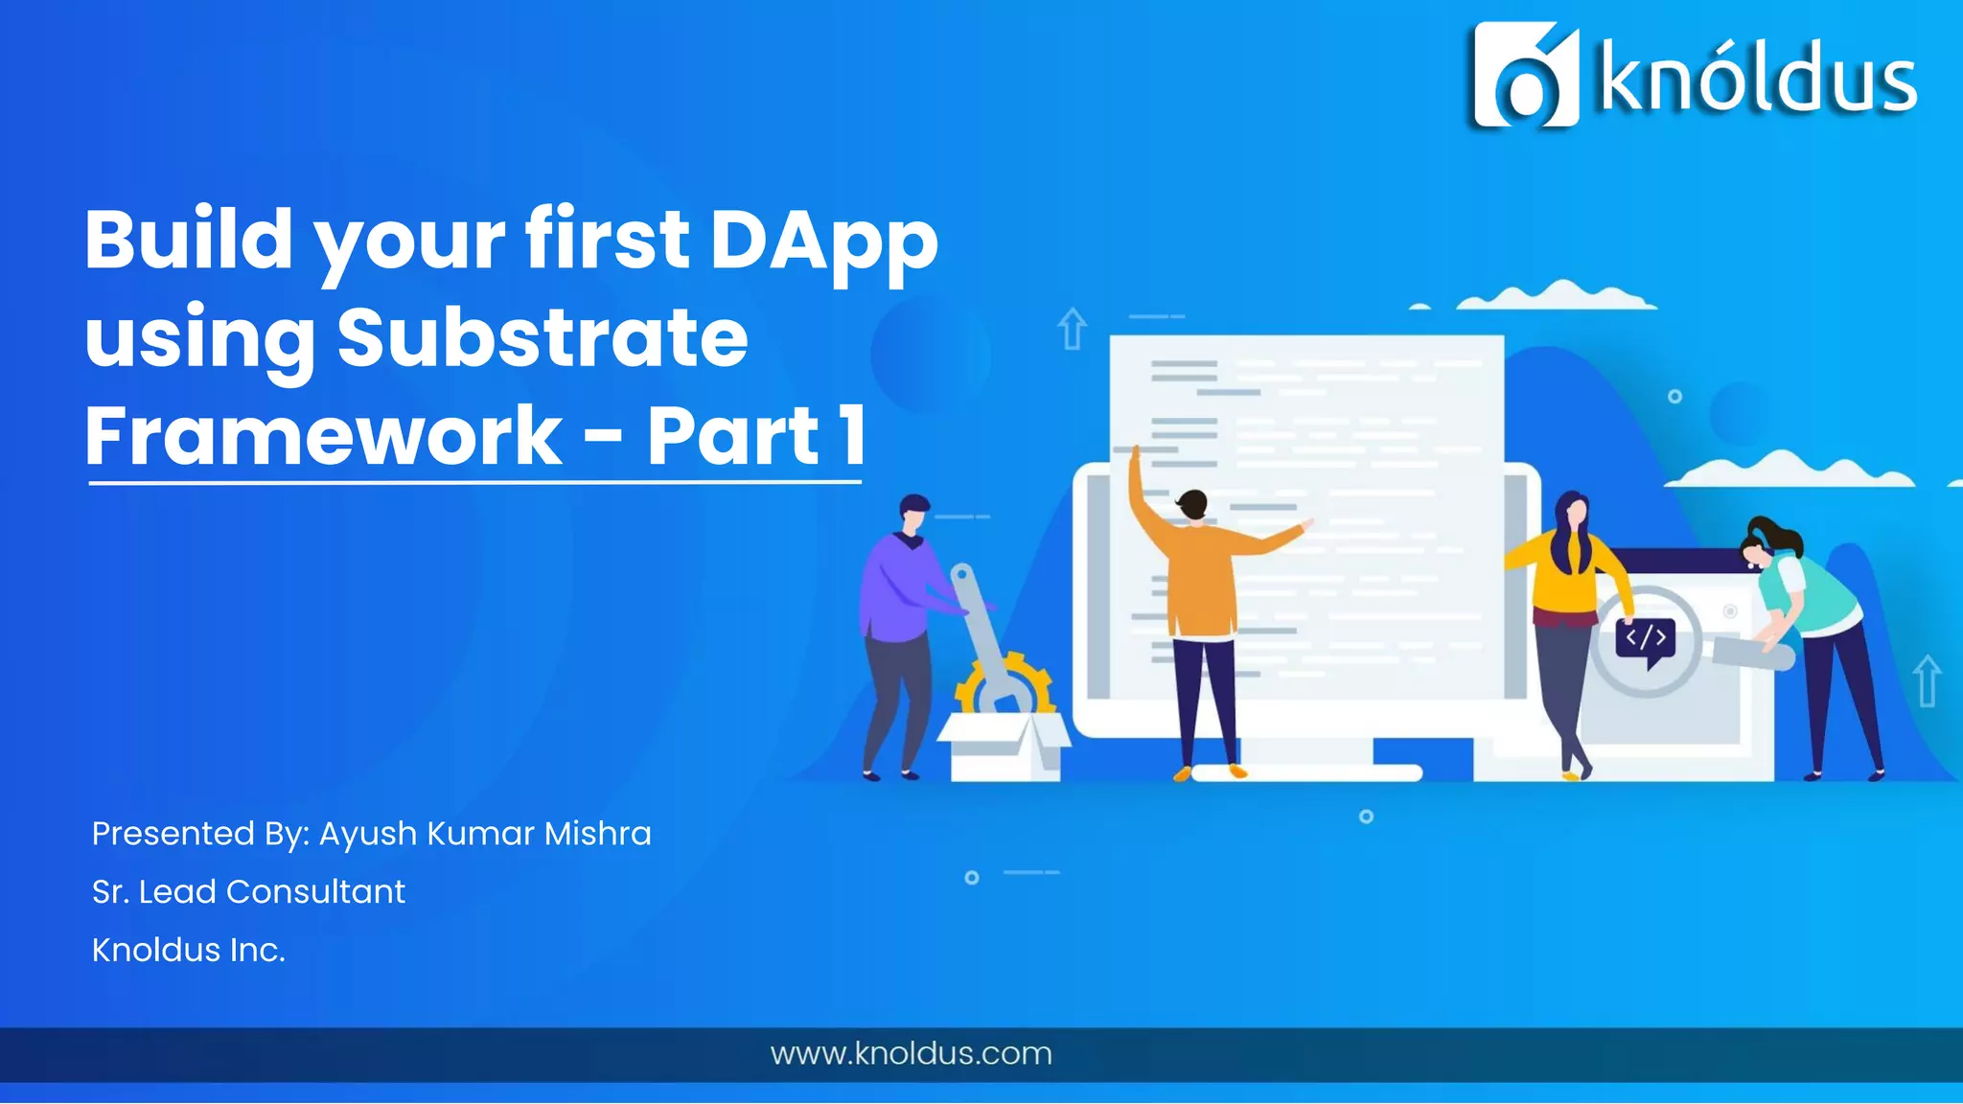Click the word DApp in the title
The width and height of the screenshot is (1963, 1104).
pyautogui.click(x=823, y=241)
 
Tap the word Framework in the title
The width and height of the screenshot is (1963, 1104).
pyautogui.click(x=323, y=436)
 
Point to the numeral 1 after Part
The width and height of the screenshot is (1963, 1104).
pyautogui.click(x=851, y=436)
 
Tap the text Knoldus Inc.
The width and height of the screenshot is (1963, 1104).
pyautogui.click(x=189, y=950)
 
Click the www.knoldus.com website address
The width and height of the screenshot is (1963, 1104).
pyautogui.click(x=911, y=1053)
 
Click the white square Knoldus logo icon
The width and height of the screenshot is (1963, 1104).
pyautogui.click(x=1525, y=75)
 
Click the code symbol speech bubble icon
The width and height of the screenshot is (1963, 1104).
pyautogui.click(x=1646, y=640)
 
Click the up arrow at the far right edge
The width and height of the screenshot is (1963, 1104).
pyautogui.click(x=1927, y=679)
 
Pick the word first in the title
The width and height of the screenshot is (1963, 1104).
pyautogui.click(x=606, y=240)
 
